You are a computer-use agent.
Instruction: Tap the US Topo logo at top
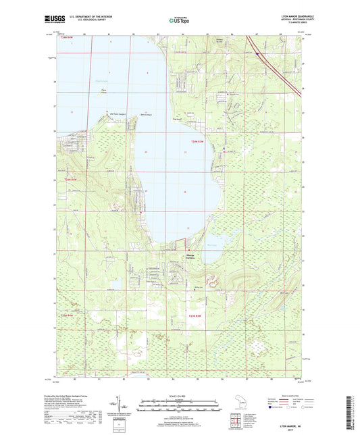tap(178, 21)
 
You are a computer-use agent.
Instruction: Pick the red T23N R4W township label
tap(69, 314)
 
